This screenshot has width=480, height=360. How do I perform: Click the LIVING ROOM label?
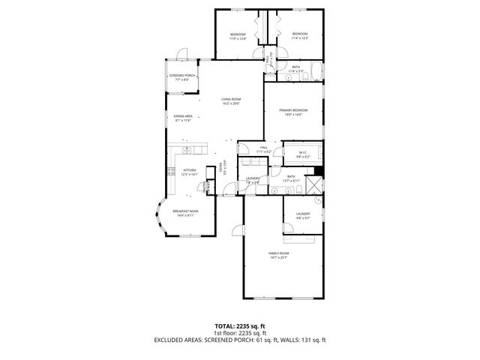230,99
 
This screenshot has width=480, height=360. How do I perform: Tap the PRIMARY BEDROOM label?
293,110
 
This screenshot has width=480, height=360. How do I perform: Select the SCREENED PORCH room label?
181,75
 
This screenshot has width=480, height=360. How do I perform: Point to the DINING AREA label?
183,116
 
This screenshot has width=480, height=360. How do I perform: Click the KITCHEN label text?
189,170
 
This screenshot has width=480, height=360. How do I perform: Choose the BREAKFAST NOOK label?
184,211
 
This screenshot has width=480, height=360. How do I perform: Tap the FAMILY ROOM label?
279,253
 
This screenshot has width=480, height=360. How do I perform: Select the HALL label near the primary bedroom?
263,147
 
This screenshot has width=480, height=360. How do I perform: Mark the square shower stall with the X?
319,182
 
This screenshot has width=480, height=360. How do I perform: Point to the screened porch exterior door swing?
181,54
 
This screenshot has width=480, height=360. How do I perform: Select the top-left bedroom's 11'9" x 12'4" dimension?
238,39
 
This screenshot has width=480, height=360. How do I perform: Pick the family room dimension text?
279,258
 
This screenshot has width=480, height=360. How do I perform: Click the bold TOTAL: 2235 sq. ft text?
240,325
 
